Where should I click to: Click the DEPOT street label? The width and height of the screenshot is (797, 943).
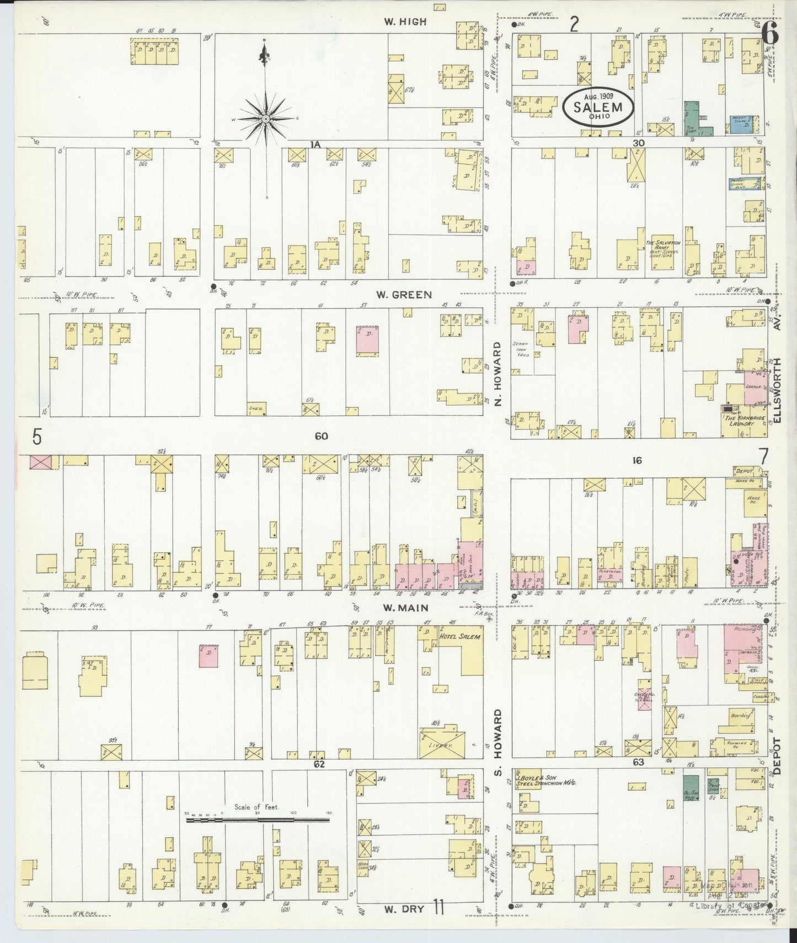point(778,757)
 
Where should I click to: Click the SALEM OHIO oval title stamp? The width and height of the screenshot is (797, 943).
point(598,108)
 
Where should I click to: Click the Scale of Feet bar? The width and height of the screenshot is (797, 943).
point(258,821)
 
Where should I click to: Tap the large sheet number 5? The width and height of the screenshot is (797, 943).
point(36,437)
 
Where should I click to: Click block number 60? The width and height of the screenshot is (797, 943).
point(321,436)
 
